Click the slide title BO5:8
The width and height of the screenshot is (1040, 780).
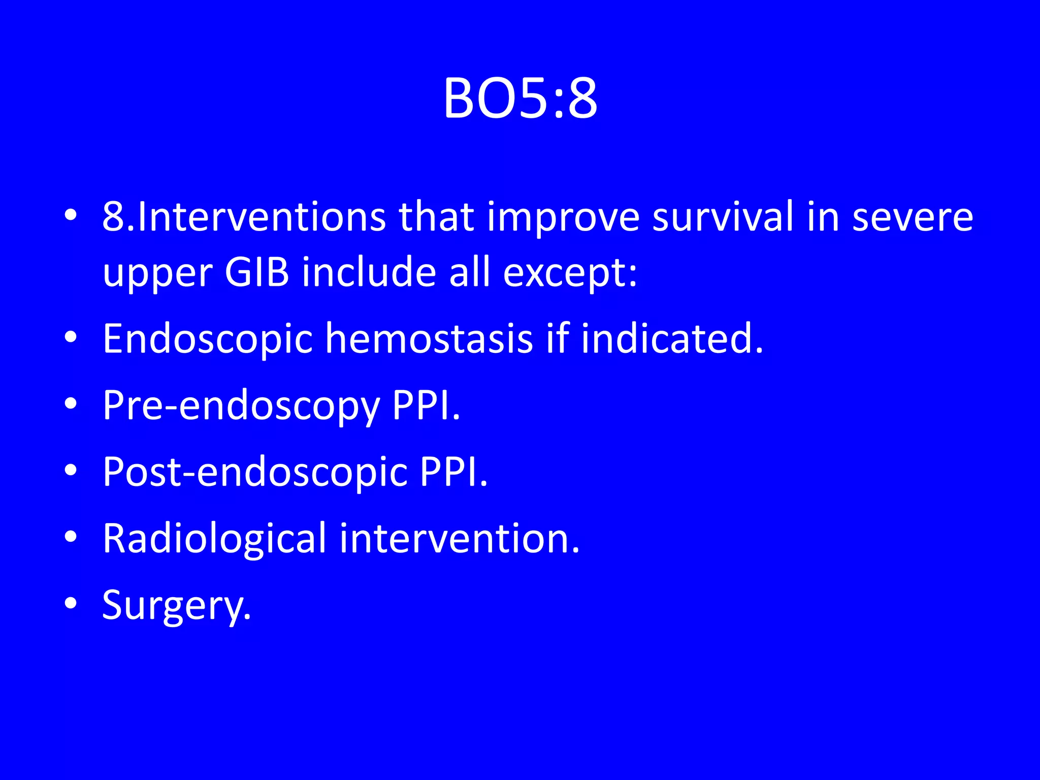[x=520, y=99]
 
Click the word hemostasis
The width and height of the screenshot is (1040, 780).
[x=429, y=339]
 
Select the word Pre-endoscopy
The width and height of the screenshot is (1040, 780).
[x=241, y=406]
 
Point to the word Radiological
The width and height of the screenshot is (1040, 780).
[x=214, y=539]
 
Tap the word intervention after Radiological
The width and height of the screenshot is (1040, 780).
[x=459, y=538]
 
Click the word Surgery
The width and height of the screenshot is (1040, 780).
[x=176, y=606]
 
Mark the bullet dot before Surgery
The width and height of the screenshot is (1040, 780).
[x=71, y=603]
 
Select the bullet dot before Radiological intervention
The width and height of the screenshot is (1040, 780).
[x=71, y=536]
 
